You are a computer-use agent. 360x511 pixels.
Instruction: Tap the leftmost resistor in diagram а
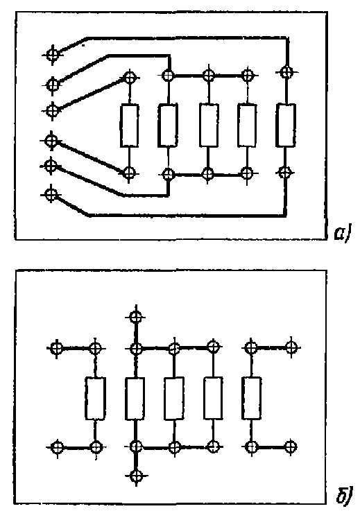130,125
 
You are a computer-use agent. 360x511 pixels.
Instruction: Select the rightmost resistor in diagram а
286,125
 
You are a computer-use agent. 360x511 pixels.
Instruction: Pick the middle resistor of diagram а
209,125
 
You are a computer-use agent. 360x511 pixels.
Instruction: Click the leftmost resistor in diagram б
95,398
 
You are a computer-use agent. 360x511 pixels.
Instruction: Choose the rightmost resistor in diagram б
251,398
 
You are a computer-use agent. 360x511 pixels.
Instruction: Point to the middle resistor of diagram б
174,398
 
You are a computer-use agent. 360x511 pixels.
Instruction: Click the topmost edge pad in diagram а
53,55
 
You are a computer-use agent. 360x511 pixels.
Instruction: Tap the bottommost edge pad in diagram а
51,195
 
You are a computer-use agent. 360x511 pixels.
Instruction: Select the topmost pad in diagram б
135,316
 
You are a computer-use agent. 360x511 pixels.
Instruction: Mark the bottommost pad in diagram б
136,476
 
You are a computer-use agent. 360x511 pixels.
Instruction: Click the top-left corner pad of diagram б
57,348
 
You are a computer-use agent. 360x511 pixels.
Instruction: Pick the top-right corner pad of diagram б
291,347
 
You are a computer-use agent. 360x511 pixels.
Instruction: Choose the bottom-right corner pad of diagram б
290,447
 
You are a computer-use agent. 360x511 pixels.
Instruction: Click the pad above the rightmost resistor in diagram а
286,72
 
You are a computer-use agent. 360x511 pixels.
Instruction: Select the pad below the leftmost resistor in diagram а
130,173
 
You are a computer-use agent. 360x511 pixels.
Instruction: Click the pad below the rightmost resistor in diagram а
285,172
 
